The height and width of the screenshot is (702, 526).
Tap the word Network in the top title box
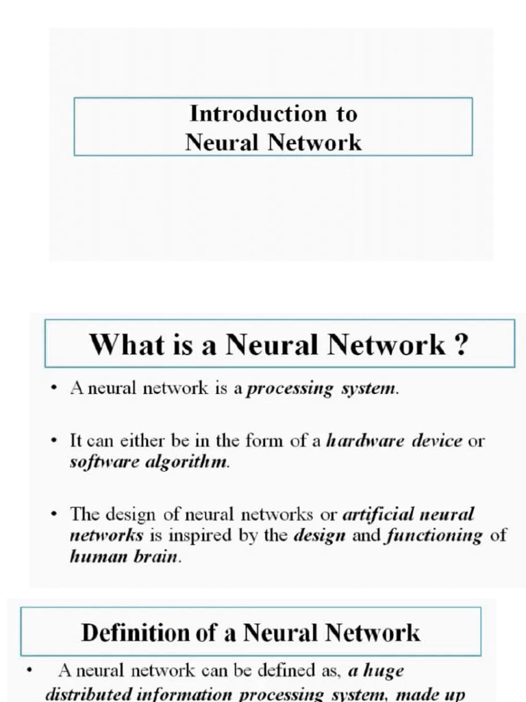click(x=314, y=143)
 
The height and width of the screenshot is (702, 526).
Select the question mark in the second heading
click(x=461, y=343)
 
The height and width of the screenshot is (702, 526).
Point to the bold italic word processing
click(x=290, y=389)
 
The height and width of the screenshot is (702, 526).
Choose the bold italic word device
click(x=437, y=441)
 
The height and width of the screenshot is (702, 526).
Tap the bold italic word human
click(x=94, y=557)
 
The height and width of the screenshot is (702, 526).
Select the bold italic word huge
click(x=384, y=671)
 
